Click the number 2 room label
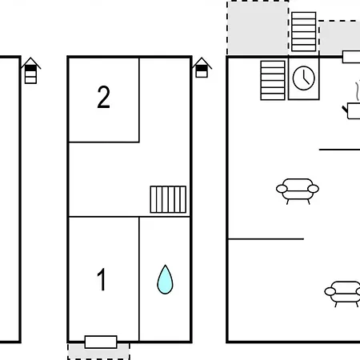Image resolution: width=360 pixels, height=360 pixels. pos(104,97)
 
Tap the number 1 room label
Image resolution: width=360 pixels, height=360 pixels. pos(102,279)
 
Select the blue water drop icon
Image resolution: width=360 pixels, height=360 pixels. pos(165,279)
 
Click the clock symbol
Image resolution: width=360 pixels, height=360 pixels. pos(304,78)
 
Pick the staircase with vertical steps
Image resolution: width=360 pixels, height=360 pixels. pos(168,199)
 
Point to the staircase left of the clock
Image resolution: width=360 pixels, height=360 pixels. pos(273,80)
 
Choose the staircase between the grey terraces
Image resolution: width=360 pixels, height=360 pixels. pos(304,31)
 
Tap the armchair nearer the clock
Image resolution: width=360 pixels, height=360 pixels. pos(298,191)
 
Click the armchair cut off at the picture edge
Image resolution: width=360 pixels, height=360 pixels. pos(342,294)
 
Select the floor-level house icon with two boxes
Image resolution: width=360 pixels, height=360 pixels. pos(202,67)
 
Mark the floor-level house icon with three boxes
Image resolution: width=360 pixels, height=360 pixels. pos(30,70)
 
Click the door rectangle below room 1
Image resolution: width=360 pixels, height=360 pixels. pos(101,342)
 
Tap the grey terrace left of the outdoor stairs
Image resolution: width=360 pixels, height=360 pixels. pos(258,28)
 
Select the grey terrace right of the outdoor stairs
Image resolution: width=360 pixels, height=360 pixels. pos(339,38)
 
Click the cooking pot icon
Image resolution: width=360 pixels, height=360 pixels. pos(352,111)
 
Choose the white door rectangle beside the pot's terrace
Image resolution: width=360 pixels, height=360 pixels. pos(351,57)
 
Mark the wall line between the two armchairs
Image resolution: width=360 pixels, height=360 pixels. pos(266,239)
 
